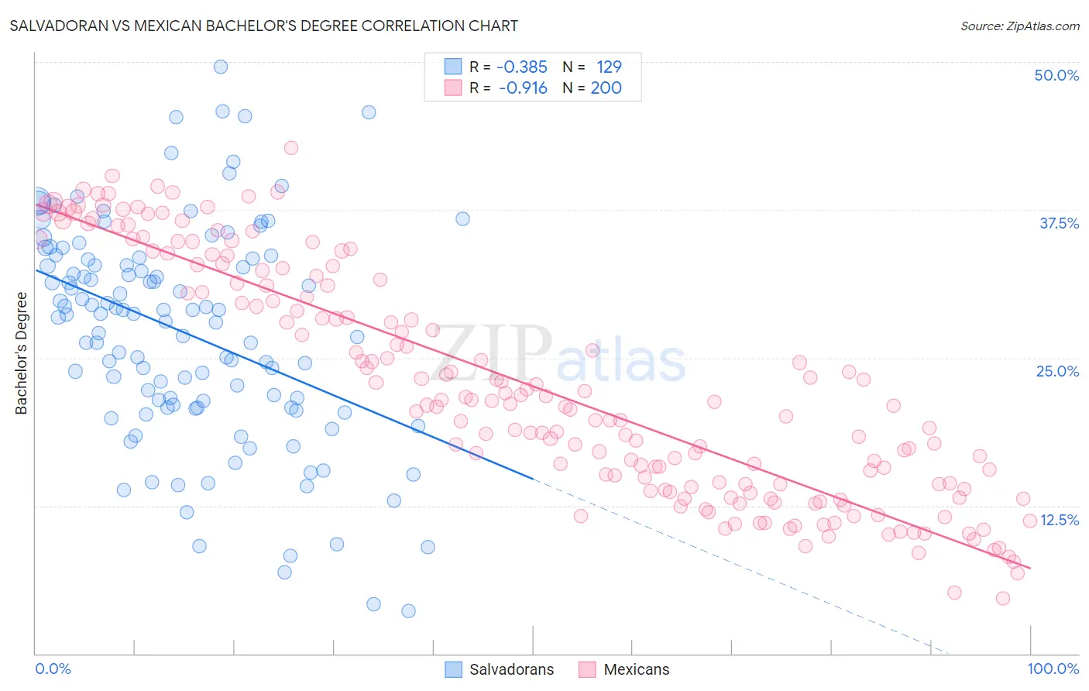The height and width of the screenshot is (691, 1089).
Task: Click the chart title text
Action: (264, 26)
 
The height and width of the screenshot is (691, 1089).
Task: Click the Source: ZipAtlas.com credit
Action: (1019, 26)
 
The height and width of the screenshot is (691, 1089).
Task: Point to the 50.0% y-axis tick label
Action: (1056, 75)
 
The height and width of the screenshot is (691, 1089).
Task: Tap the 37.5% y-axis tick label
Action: (1059, 223)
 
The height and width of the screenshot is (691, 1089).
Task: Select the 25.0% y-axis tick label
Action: (1057, 371)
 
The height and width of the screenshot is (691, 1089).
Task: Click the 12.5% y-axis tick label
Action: (1060, 520)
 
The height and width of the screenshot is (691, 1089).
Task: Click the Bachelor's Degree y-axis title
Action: (22, 353)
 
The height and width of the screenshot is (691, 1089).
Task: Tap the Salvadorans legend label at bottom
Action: (511, 669)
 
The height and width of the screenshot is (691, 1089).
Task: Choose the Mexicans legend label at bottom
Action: (636, 669)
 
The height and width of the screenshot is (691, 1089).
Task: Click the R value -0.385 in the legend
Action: (522, 67)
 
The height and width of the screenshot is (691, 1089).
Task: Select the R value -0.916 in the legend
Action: (523, 88)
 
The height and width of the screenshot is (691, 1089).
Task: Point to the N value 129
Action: (609, 67)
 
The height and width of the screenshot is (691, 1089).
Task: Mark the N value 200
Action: (606, 88)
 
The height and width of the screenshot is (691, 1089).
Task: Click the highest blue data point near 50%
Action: (221, 67)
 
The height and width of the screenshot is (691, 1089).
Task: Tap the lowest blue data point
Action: (408, 611)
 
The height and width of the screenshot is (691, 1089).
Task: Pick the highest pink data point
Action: (291, 148)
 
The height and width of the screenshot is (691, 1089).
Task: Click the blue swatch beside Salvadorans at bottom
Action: (453, 669)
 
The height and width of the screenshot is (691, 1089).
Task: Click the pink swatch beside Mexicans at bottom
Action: (587, 669)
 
